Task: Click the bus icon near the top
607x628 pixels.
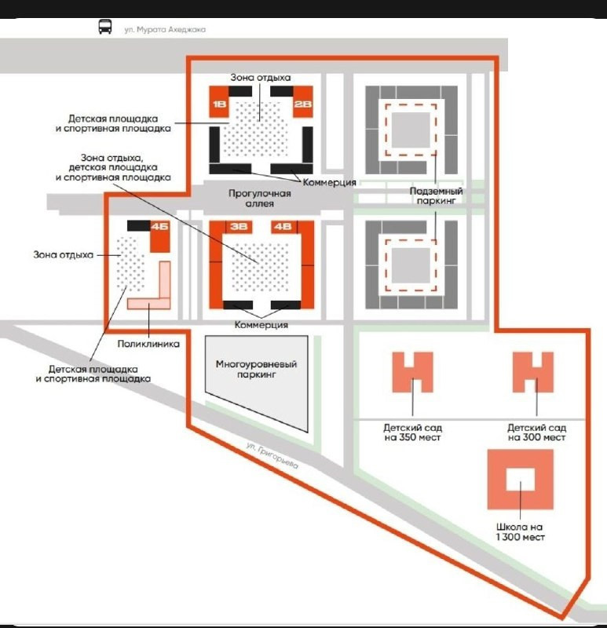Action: [105, 27]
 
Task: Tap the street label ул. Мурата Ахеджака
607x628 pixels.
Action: [165, 30]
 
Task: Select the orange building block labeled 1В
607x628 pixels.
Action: [219, 102]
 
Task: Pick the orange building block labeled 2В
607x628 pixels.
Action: [302, 102]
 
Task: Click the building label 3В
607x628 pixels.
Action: [239, 227]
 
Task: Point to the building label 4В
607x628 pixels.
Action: [283, 227]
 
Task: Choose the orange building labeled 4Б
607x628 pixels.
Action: [160, 236]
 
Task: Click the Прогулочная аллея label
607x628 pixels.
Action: [260, 199]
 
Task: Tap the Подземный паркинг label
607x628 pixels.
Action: [436, 195]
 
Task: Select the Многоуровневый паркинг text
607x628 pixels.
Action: [257, 369]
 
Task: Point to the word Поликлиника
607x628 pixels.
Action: [148, 344]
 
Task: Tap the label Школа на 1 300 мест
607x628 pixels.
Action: [520, 532]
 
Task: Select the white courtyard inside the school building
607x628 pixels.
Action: [521, 480]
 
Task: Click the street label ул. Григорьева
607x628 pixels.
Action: [272, 455]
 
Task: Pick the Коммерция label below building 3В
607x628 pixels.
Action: [261, 325]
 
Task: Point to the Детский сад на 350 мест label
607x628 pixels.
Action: [413, 433]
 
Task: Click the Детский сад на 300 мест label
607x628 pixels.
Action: [536, 433]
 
